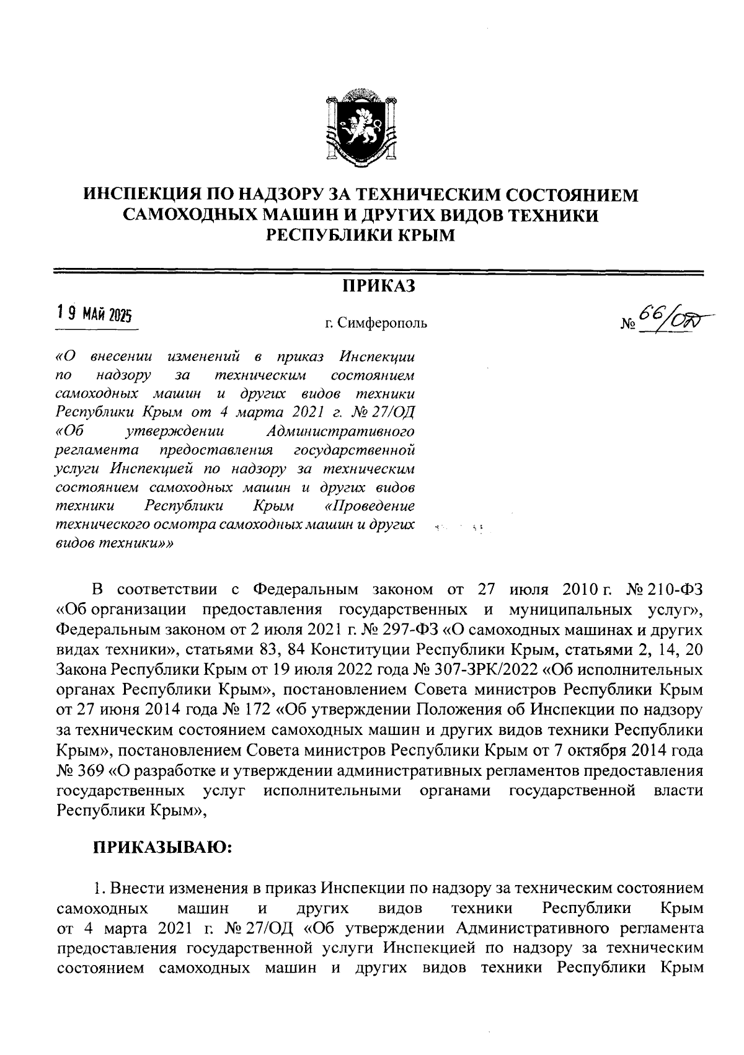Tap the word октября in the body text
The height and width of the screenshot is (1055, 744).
(594, 750)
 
